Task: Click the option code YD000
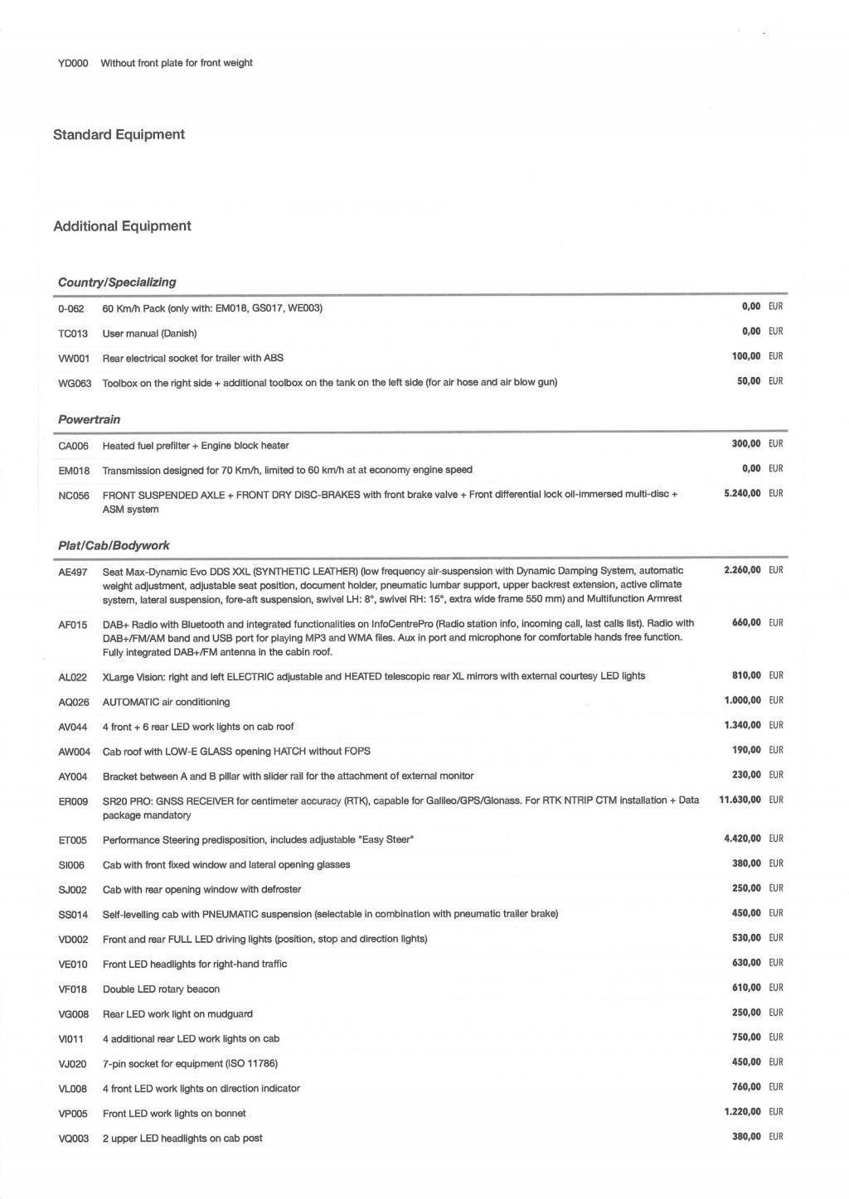click(73, 63)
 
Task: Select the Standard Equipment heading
click(119, 134)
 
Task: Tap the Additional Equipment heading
click(122, 226)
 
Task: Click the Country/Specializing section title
click(117, 282)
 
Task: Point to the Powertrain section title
click(89, 419)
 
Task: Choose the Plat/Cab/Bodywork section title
click(114, 545)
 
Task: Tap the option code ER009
click(73, 802)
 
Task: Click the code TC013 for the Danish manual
click(73, 333)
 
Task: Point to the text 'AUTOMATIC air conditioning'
click(166, 702)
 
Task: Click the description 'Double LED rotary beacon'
click(161, 989)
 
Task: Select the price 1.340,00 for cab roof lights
click(742, 725)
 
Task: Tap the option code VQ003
click(73, 1139)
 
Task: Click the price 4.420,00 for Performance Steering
click(742, 839)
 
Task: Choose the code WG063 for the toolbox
click(75, 383)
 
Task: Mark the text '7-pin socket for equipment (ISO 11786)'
click(190, 1063)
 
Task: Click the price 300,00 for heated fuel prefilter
click(746, 443)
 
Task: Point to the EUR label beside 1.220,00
click(775, 1112)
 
